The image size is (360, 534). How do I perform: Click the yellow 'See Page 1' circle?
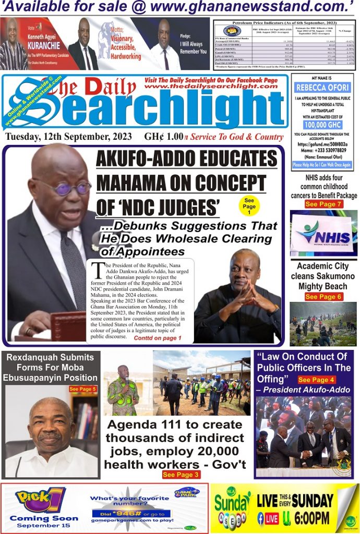[x=249, y=206]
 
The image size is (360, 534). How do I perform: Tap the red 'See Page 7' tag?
[x=323, y=204]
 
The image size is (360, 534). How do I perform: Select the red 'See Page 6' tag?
[x=323, y=297]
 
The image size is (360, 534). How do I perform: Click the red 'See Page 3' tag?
[x=181, y=475]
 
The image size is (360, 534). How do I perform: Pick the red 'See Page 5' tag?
[x=83, y=389]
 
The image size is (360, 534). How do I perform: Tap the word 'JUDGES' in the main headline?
[x=177, y=208]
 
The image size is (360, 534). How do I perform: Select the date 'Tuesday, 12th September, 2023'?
[x=72, y=137]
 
